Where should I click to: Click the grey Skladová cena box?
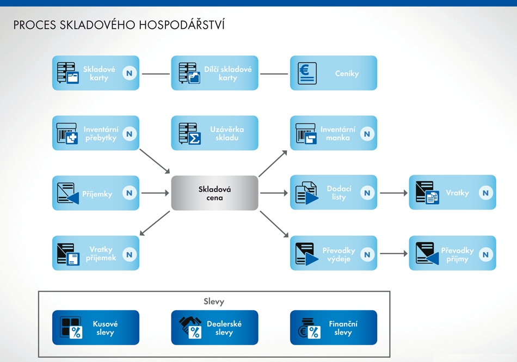click(214, 193)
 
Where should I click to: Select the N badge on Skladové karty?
click(130, 73)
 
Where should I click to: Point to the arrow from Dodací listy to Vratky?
click(393, 193)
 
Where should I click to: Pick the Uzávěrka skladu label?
click(227, 133)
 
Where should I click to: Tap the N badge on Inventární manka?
click(367, 133)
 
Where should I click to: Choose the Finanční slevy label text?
click(343, 328)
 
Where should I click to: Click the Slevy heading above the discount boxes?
click(214, 302)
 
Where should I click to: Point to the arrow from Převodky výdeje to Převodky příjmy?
click(393, 253)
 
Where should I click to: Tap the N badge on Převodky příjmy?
click(485, 254)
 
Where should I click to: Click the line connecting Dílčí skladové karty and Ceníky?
click(274, 73)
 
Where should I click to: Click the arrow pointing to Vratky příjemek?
click(155, 223)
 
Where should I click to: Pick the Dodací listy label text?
click(338, 193)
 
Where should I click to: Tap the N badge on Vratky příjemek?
click(130, 254)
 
